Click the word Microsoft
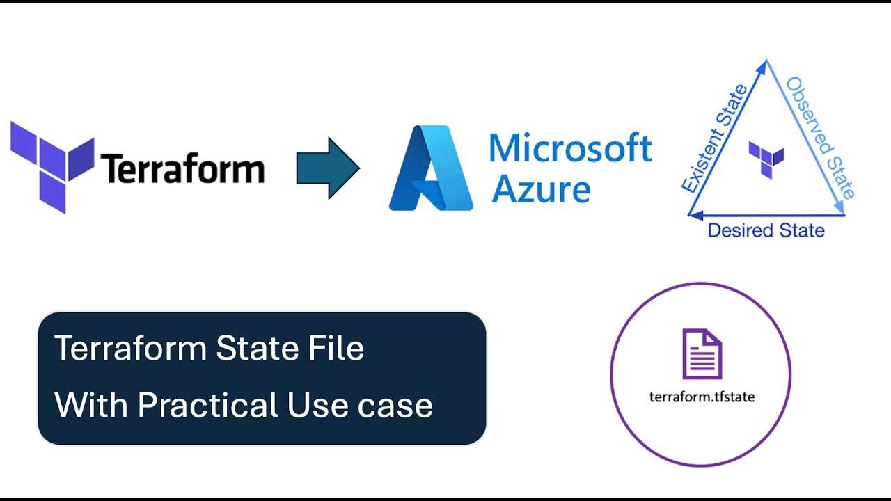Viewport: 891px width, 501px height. coord(570,148)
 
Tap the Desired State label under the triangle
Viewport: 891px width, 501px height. coord(766,230)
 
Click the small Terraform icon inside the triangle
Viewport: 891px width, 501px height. coord(766,159)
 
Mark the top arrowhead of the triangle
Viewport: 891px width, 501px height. coord(766,67)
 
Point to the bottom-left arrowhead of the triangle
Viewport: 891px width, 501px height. coord(695,216)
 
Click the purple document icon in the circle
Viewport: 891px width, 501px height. coord(702,354)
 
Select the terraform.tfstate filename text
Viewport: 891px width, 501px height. coord(702,397)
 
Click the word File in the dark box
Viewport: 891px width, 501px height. coord(336,348)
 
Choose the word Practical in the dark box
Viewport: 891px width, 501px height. coord(207,405)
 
